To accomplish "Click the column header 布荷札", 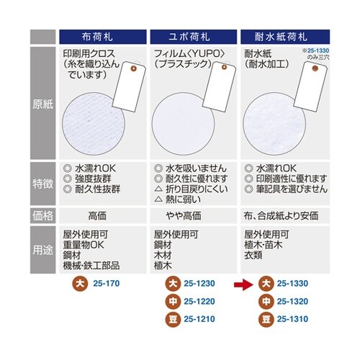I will tap(103, 35).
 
